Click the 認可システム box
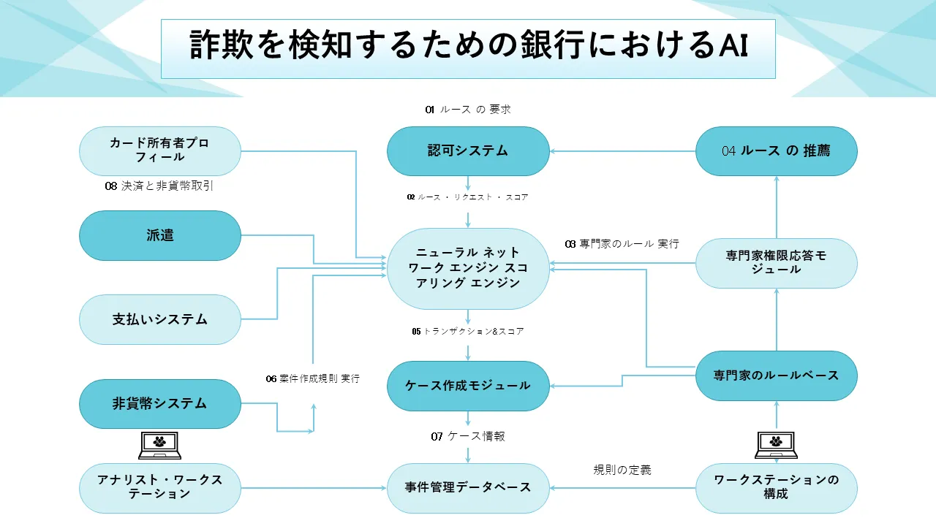point(468,151)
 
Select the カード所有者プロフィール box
point(159,151)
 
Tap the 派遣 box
point(159,235)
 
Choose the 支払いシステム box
point(159,319)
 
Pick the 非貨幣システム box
point(159,403)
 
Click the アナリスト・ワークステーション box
point(159,487)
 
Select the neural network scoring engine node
point(468,268)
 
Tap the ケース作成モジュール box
point(468,386)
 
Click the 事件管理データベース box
point(468,487)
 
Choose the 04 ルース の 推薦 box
point(776,151)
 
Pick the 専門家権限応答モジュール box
point(776,263)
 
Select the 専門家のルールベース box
point(776,376)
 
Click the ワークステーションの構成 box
point(776,487)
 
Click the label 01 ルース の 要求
point(468,110)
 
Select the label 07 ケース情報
point(468,436)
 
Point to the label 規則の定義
point(622,470)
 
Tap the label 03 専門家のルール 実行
point(622,243)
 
